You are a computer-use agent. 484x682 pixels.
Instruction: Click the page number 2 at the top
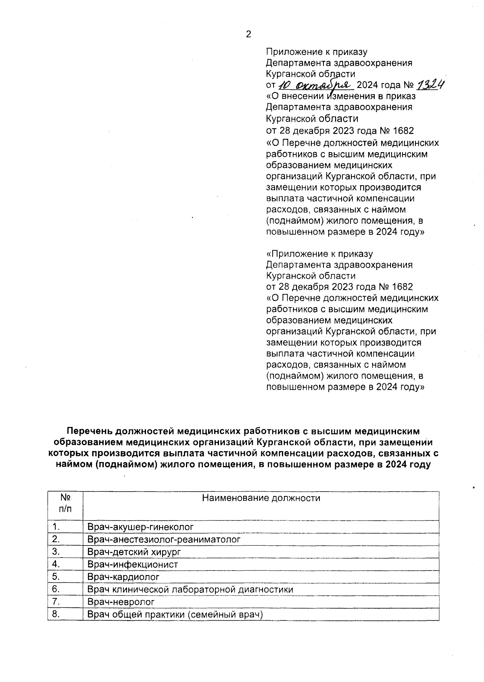(x=248, y=35)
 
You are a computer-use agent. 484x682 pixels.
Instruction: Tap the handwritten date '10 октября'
(x=315, y=85)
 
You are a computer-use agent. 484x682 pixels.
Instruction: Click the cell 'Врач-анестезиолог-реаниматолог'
(x=164, y=539)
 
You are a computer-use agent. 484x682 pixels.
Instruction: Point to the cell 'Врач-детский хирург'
(x=134, y=552)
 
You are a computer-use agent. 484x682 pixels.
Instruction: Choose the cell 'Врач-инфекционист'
(x=133, y=564)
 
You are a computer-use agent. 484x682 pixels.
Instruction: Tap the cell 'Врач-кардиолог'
(x=123, y=577)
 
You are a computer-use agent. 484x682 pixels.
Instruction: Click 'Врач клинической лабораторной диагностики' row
(x=190, y=589)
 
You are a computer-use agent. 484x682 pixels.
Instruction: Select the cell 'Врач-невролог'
(x=121, y=602)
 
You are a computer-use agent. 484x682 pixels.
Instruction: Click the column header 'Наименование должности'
(x=261, y=498)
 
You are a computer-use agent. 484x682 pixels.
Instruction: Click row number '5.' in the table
(x=56, y=577)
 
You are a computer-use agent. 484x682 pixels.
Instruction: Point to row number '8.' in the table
(x=56, y=614)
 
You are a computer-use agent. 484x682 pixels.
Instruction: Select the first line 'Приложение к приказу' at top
(x=317, y=52)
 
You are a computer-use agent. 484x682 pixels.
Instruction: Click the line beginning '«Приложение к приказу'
(x=319, y=254)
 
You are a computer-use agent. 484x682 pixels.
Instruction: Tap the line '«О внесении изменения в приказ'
(x=341, y=96)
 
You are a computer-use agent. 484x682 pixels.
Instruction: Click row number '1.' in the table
(x=56, y=527)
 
